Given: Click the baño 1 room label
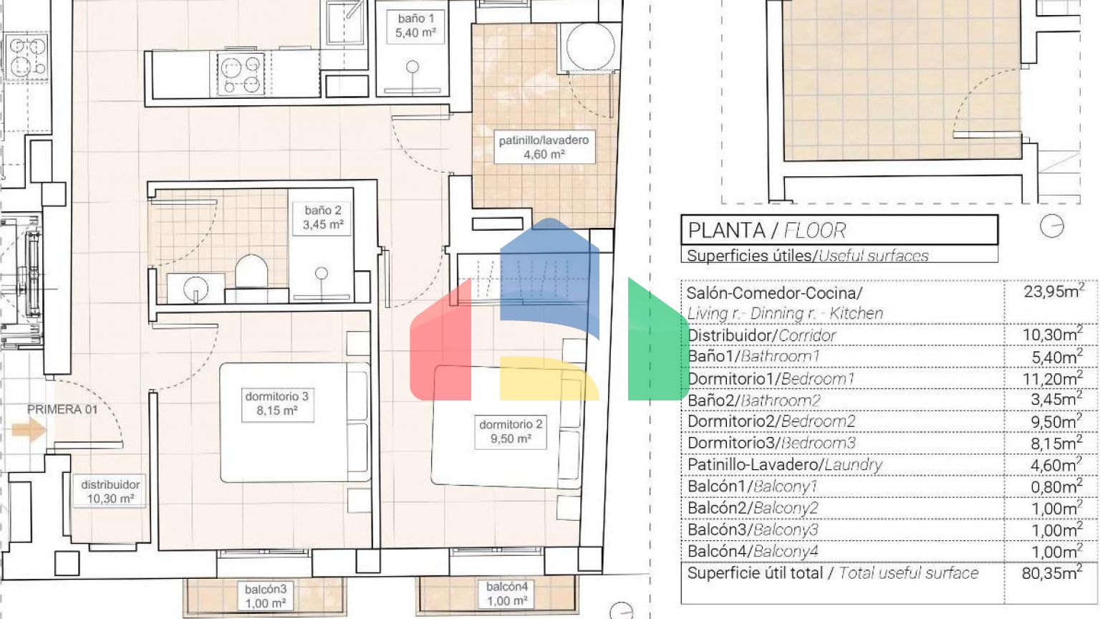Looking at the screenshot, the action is point(415,26).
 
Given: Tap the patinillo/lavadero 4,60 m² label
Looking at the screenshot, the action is point(544,147).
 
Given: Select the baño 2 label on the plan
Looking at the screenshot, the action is point(323,218).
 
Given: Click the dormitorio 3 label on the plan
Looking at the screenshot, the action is point(277,403).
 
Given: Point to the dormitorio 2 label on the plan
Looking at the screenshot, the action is point(511,431).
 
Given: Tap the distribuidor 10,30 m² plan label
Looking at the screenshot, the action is point(110,491).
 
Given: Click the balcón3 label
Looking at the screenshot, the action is point(266,596).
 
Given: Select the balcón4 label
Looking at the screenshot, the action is point(507,593).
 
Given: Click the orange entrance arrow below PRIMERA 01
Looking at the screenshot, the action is point(29,430).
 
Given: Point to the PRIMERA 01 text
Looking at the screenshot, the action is point(62,409).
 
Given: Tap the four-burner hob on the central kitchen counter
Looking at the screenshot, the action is point(240,74).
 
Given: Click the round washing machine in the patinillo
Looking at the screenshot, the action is point(590,47).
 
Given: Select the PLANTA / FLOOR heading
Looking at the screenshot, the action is point(767,231).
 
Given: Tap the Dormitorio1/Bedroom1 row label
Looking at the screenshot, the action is point(771,379).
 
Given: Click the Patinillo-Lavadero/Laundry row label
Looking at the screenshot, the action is point(785,464).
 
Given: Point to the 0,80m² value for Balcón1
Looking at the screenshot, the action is point(1056,486).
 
